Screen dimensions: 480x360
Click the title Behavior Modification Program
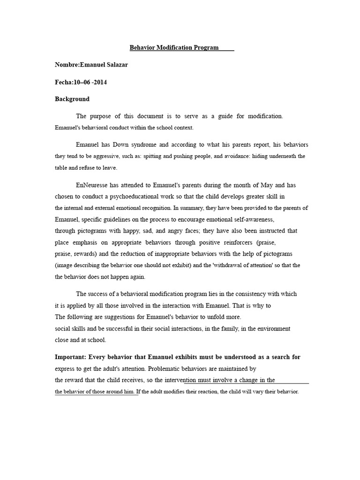pyautogui.click(x=174, y=48)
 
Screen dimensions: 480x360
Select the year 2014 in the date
pyautogui.click(x=99, y=82)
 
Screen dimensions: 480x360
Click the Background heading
pyautogui.click(x=72, y=99)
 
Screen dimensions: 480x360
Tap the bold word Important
pyautogui.click(x=71, y=357)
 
